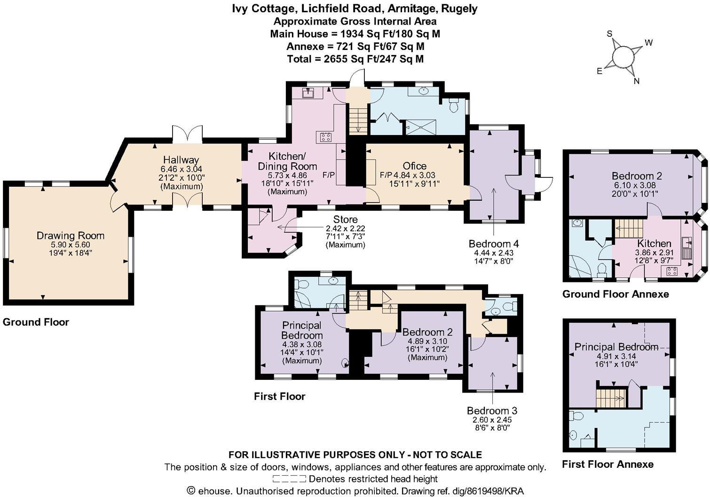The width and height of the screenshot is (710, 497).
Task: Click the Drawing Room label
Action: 71,235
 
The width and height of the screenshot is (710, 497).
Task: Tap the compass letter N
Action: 637,81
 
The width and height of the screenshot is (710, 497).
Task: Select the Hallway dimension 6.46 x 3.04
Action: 181,169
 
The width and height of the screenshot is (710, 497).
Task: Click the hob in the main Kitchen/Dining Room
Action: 325,137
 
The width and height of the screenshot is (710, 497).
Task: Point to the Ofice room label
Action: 414,166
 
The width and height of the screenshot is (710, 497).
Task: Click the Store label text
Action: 345,219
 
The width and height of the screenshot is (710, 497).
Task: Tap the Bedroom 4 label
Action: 493,244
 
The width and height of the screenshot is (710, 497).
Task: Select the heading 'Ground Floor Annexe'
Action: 615,294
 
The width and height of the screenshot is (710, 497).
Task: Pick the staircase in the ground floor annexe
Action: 629,229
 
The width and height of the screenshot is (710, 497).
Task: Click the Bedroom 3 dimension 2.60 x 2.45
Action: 492,420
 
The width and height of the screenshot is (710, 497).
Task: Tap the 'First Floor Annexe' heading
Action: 607,465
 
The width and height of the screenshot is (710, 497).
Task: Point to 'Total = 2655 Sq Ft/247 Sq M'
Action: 355,59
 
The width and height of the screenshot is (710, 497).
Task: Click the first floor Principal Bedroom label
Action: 302,330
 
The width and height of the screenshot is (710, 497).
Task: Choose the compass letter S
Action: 610,33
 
